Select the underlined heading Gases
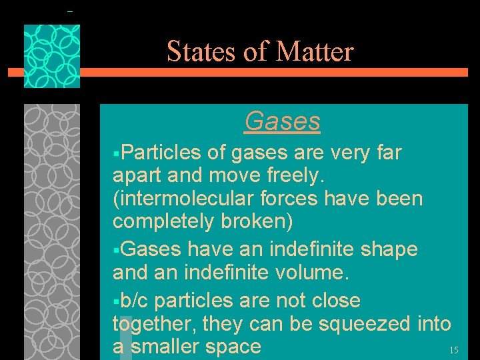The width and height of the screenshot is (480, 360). [282, 121]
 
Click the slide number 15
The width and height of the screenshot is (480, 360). [453, 350]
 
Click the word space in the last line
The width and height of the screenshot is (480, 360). [233, 347]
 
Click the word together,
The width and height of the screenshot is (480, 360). [153, 324]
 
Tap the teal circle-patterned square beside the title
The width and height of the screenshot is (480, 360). [52, 56]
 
